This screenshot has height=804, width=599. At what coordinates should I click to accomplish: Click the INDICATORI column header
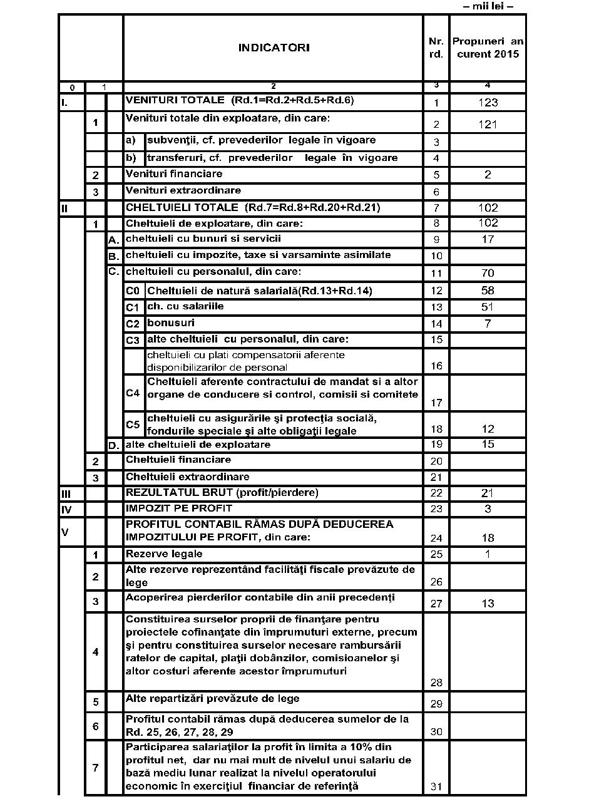pos(274,48)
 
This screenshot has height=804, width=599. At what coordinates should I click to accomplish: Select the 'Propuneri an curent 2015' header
pos(488,48)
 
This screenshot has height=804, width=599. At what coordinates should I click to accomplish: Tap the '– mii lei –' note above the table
pos(488,6)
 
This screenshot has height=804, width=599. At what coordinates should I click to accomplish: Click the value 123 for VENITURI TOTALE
pos(488,103)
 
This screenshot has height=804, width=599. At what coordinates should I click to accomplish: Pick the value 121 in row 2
pos(488,125)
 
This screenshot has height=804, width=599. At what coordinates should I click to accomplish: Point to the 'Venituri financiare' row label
pos(174,174)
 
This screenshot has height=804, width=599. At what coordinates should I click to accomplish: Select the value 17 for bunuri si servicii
pos(488,239)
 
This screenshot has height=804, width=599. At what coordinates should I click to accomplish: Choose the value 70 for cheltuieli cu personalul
pos(488,273)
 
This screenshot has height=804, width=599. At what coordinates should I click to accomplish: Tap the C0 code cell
pos(133,291)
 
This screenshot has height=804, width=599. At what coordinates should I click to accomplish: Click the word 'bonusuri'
pos(171,323)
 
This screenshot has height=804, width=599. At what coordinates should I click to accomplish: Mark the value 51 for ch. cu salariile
pos(488,307)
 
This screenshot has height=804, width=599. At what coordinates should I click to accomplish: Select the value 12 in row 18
pos(488,429)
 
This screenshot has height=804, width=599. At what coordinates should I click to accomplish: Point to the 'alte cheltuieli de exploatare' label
pos(198,445)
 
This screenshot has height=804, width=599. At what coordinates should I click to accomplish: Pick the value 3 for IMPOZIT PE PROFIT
pos(488,509)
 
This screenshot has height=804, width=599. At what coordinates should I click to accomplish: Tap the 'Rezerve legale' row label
pos(164,554)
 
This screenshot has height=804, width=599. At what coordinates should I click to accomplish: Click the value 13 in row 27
pos(488,604)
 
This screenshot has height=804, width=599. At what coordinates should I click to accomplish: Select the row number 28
pos(436,683)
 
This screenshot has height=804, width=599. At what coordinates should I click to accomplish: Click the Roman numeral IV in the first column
pos(66,510)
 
